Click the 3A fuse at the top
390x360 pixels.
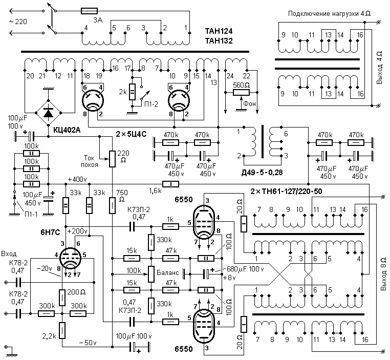(89, 11)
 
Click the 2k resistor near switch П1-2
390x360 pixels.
(133, 91)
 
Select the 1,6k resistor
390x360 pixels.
(168, 184)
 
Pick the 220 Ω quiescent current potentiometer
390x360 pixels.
(112, 159)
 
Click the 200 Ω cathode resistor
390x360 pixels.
(61, 296)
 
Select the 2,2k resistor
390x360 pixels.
(61, 331)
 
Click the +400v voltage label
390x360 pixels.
(77, 180)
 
